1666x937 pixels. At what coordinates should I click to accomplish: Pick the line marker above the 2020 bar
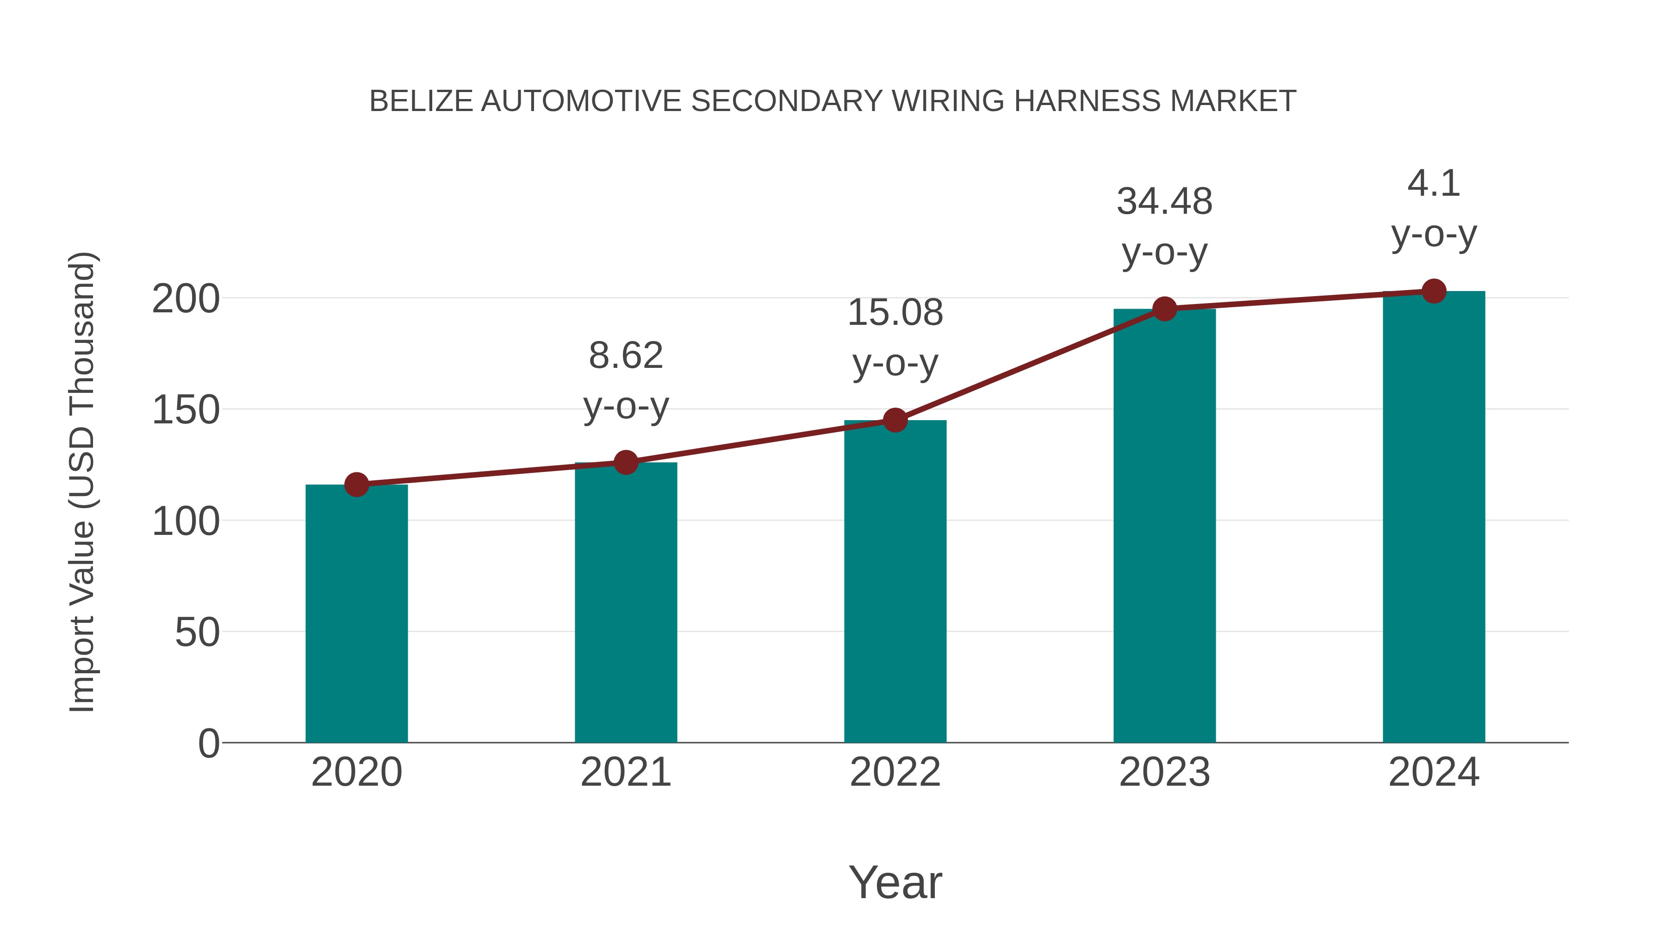pos(356,484)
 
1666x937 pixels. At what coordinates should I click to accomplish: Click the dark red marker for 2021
pos(625,462)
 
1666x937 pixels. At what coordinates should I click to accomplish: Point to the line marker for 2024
pos(1434,291)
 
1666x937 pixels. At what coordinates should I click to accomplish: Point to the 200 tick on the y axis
pos(186,299)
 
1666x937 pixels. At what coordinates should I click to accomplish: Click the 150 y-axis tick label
pos(186,410)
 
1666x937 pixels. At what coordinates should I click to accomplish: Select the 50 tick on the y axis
pos(197,633)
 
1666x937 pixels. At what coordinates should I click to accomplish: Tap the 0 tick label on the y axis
pos(209,744)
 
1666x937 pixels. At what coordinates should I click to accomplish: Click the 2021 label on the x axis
pos(625,772)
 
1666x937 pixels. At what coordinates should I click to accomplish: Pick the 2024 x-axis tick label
pos(1434,772)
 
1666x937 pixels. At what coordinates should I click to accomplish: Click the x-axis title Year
pos(895,882)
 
